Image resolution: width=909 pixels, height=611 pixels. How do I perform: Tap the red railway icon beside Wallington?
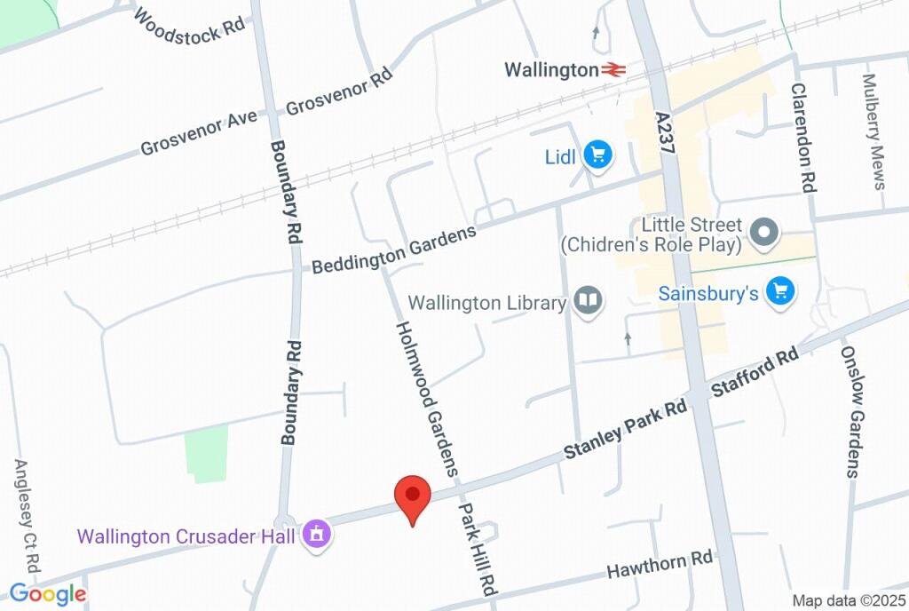click(613, 69)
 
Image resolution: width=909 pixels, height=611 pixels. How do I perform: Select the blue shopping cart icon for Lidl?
click(599, 155)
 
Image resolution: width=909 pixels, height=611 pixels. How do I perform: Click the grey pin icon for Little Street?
click(763, 234)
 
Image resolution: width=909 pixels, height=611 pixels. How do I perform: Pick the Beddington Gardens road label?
click(394, 249)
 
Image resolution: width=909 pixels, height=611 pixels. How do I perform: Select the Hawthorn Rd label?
click(660, 565)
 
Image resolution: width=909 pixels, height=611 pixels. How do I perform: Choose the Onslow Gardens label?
click(851, 411)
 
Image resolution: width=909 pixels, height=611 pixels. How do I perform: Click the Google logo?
click(48, 594)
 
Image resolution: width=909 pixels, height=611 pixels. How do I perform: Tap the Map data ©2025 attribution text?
click(847, 600)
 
